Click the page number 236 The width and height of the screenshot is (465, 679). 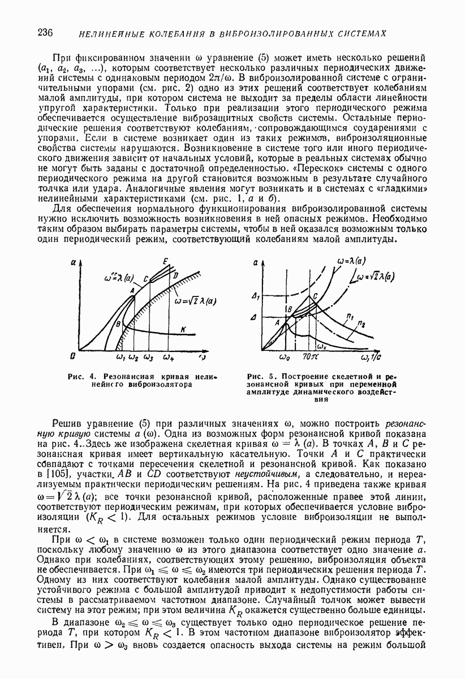pyautogui.click(x=45, y=32)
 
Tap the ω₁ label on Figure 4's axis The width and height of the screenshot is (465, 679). pyautogui.click(x=120, y=358)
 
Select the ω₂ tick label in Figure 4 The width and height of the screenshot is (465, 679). pyautogui.click(x=134, y=358)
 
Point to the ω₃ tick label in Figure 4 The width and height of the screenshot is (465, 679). pyautogui.click(x=149, y=358)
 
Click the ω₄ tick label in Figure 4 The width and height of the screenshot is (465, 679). pyautogui.click(x=169, y=358)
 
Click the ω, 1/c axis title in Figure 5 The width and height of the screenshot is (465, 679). pyautogui.click(x=364, y=358)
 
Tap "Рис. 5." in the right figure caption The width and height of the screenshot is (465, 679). pyautogui.click(x=260, y=376)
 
